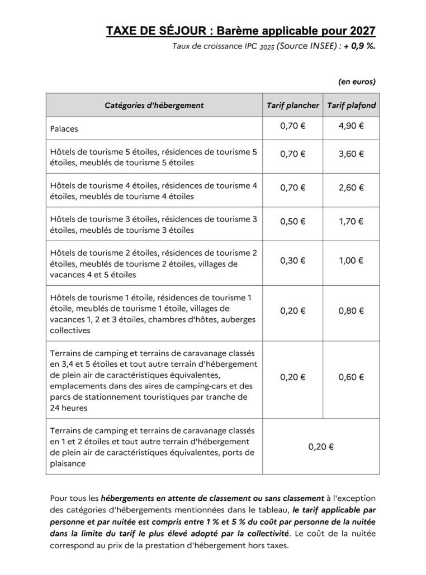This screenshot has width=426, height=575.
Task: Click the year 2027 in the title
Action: tap(361, 31)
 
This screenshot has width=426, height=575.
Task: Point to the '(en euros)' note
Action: tap(357, 82)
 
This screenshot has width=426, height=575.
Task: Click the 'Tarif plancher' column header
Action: tap(292, 105)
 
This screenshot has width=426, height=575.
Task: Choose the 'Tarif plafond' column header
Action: tap(351, 105)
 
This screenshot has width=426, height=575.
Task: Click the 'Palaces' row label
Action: tap(64, 129)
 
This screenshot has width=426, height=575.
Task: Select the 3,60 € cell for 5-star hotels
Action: tap(351, 155)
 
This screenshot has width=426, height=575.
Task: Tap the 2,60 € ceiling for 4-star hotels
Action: tap(351, 188)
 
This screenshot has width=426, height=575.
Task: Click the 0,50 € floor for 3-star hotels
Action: tap(292, 222)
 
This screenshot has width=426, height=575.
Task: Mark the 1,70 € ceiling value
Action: tap(351, 222)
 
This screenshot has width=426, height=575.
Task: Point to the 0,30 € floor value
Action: tap(292, 260)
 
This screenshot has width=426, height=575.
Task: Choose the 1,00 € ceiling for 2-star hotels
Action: tap(351, 260)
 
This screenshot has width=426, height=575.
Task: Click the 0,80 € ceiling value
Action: tap(351, 311)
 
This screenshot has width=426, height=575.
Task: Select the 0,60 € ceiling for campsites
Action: tap(351, 377)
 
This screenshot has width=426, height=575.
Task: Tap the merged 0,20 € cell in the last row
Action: tap(321, 447)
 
